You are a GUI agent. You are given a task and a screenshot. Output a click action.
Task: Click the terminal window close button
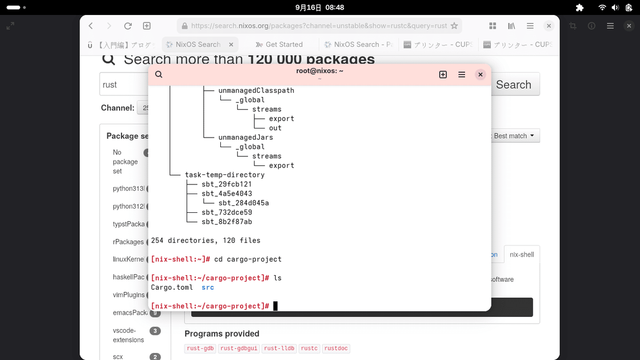pos(480,75)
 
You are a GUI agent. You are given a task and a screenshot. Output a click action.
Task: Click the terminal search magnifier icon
pos(158,75)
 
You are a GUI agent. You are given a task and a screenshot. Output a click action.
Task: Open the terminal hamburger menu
pos(462,75)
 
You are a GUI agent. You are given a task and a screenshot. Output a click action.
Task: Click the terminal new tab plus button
pos(443,75)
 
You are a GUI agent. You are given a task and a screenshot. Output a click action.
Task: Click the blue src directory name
pos(207,287)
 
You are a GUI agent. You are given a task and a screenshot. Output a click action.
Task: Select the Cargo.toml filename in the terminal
pos(172,287)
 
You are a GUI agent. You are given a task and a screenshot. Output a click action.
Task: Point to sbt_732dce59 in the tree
pos(227,212)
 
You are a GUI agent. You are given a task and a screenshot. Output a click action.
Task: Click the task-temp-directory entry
pos(225,175)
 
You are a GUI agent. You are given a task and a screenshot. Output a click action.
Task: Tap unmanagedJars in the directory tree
pos(245,138)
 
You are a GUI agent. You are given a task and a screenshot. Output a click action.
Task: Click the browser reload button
pos(127,26)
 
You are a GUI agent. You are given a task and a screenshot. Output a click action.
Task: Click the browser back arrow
pos(91,26)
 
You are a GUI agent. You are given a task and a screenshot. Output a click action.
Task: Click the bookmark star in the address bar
pos(454,26)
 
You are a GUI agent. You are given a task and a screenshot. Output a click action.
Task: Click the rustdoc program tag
pos(335,348)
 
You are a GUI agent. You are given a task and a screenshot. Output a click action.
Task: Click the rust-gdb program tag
pos(200,348)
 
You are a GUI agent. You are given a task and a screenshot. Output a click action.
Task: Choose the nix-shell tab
pos(522,254)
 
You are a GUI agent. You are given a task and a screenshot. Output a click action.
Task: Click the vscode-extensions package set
pos(128,335)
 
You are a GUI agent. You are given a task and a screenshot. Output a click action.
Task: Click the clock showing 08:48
pos(334,7)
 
